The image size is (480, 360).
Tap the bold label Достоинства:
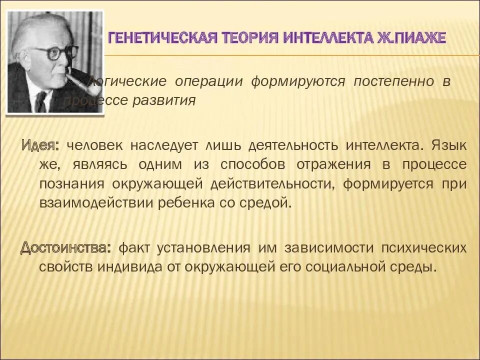click(x=65, y=248)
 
